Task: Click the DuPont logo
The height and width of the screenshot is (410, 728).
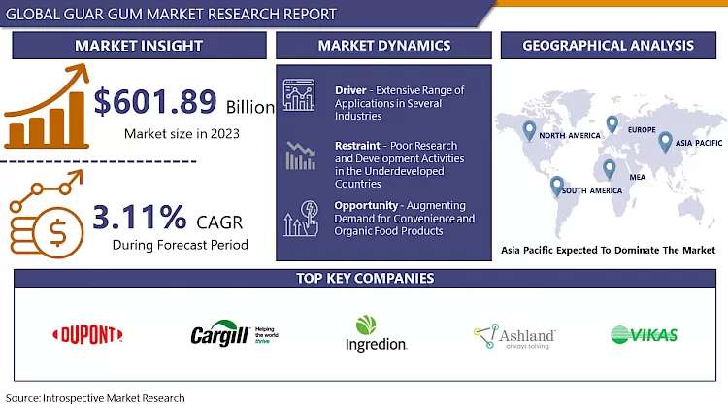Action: [87, 335]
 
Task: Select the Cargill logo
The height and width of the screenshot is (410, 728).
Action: [234, 335]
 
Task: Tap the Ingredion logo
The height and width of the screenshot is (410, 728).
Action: [376, 333]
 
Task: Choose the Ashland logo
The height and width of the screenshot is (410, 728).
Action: [513, 336]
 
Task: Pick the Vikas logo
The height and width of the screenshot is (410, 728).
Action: [644, 335]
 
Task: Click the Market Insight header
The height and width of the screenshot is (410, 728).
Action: [139, 46]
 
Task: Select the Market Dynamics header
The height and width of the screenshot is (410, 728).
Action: [383, 46]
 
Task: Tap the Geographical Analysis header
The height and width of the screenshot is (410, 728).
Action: [608, 46]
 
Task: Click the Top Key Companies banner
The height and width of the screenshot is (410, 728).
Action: [364, 279]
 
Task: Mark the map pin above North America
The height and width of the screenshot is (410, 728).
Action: [529, 129]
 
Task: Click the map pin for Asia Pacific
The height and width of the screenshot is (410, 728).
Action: [665, 142]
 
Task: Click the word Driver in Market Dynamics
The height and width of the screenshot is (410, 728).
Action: [350, 90]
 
